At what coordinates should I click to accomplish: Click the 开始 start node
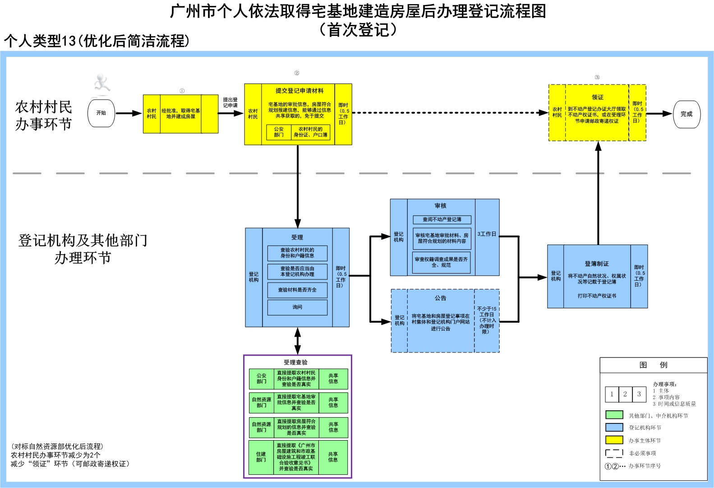coord(101,113)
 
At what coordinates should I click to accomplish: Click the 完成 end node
coord(686,114)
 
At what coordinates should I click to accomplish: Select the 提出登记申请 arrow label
coord(230,102)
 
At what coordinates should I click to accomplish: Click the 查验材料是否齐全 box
coord(297,290)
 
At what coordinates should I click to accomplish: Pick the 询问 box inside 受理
coord(297,307)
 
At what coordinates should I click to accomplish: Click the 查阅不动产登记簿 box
coord(442,220)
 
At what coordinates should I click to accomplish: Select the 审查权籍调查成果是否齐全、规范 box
coord(441,262)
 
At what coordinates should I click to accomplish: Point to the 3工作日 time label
coord(487,234)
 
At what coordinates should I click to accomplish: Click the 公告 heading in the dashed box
coord(441,298)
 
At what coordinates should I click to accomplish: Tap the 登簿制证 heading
coord(597,264)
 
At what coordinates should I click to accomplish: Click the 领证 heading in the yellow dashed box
coord(598,97)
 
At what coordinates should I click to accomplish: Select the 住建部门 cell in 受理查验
coord(261,457)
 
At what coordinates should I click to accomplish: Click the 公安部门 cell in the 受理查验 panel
coord(262,378)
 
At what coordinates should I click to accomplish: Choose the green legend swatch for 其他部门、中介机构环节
coord(614,415)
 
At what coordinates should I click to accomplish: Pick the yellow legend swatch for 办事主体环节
coord(614,440)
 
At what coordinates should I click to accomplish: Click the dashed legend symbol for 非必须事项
coord(614,453)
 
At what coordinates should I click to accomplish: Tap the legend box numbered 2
coord(625,394)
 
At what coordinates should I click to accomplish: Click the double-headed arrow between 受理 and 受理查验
coord(298,341)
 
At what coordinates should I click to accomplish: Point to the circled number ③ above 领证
coord(597,77)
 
